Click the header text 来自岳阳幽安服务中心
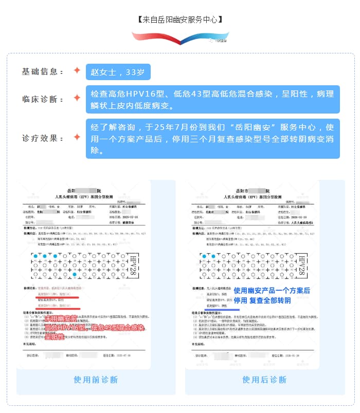180,20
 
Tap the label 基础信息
43,71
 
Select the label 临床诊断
43,99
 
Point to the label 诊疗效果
43,138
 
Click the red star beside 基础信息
77,70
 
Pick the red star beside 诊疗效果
77,137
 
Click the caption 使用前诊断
96,380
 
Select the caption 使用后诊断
264,380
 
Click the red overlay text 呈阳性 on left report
55,337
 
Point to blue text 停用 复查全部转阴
262,301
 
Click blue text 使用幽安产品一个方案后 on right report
272,291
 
